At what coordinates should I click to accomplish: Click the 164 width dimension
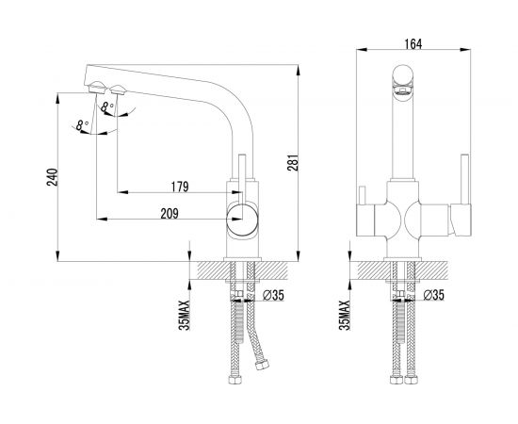coord(413,44)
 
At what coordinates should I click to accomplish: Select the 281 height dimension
coord(293,162)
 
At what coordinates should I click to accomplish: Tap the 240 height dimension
coord(52,177)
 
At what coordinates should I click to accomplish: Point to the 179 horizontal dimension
coord(180,187)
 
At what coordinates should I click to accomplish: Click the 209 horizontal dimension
coord(170,214)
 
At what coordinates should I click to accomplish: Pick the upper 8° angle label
coord(107,106)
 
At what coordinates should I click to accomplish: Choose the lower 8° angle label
coord(82,125)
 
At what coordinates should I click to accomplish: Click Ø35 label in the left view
coord(273,296)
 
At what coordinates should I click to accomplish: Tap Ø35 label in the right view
coord(434,295)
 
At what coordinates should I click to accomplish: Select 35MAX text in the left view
coord(185,315)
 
